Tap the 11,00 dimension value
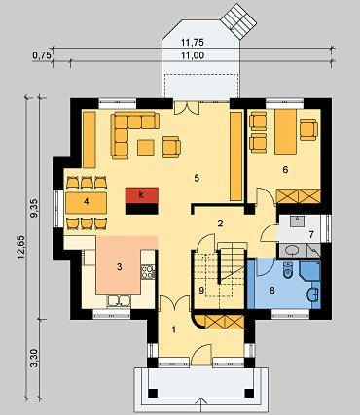[x=193, y=55]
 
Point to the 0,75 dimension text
[x=42, y=55]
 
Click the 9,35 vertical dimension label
[x=34, y=210]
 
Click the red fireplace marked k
[x=142, y=195]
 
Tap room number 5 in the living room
[x=197, y=178]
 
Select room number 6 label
[x=285, y=169]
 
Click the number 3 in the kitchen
[x=120, y=267]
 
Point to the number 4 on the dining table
[x=86, y=202]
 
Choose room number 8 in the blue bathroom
[x=272, y=291]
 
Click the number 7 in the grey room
[x=311, y=234]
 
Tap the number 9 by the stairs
[x=201, y=291]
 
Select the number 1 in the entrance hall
[x=174, y=330]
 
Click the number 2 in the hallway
[x=220, y=224]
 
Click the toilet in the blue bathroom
[x=287, y=270]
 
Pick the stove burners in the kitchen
[x=148, y=271]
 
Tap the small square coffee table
[x=146, y=148]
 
